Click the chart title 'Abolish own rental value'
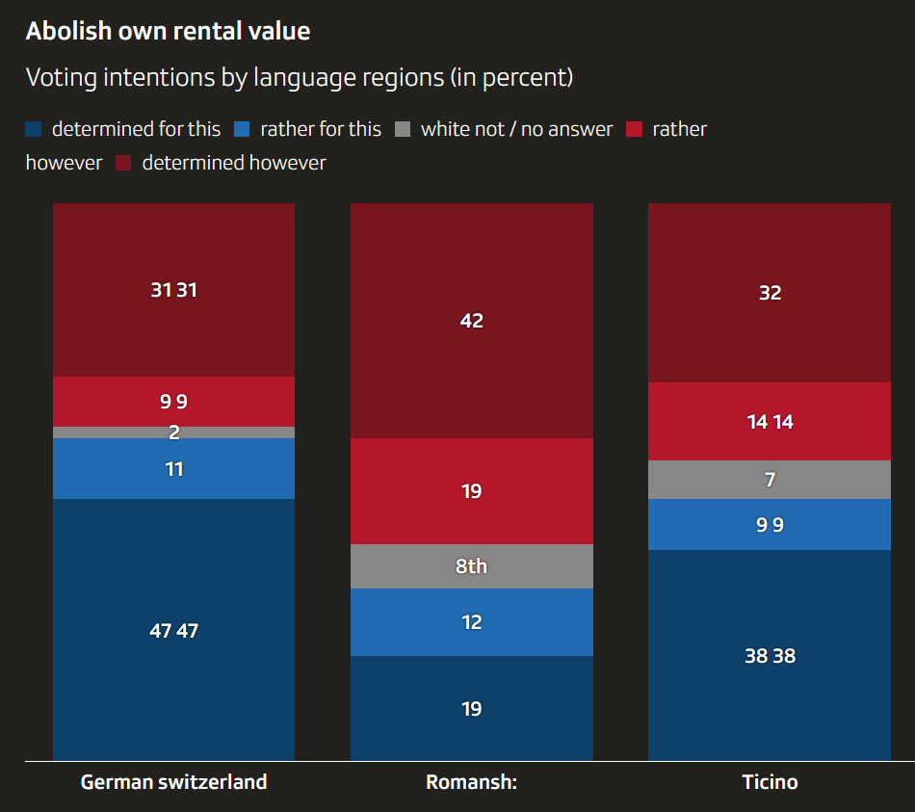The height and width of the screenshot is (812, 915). click(168, 31)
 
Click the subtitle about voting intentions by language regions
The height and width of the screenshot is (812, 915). click(299, 77)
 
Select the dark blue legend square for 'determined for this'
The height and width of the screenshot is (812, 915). click(34, 129)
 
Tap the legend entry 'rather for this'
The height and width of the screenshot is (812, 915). click(320, 129)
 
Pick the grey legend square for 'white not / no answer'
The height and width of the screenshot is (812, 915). click(404, 129)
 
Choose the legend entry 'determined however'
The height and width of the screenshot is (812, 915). click(233, 163)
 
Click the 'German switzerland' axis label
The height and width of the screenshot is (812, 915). click(173, 781)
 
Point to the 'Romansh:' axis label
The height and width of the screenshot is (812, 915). click(471, 781)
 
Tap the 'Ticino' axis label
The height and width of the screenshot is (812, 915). click(770, 781)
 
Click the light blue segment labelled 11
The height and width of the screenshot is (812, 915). click(173, 469)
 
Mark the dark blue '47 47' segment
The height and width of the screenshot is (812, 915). click(173, 630)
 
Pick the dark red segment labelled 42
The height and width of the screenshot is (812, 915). click(471, 321)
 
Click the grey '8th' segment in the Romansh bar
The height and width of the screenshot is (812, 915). click(471, 566)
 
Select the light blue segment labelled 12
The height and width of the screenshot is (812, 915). click(471, 622)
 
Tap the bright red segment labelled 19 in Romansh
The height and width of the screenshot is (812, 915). click(471, 491)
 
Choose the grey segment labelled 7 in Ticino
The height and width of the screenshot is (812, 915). click(770, 480)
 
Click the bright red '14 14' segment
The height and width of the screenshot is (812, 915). click(770, 422)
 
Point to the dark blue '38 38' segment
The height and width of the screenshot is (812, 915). click(770, 655)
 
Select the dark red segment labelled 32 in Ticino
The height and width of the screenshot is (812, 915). click(770, 293)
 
